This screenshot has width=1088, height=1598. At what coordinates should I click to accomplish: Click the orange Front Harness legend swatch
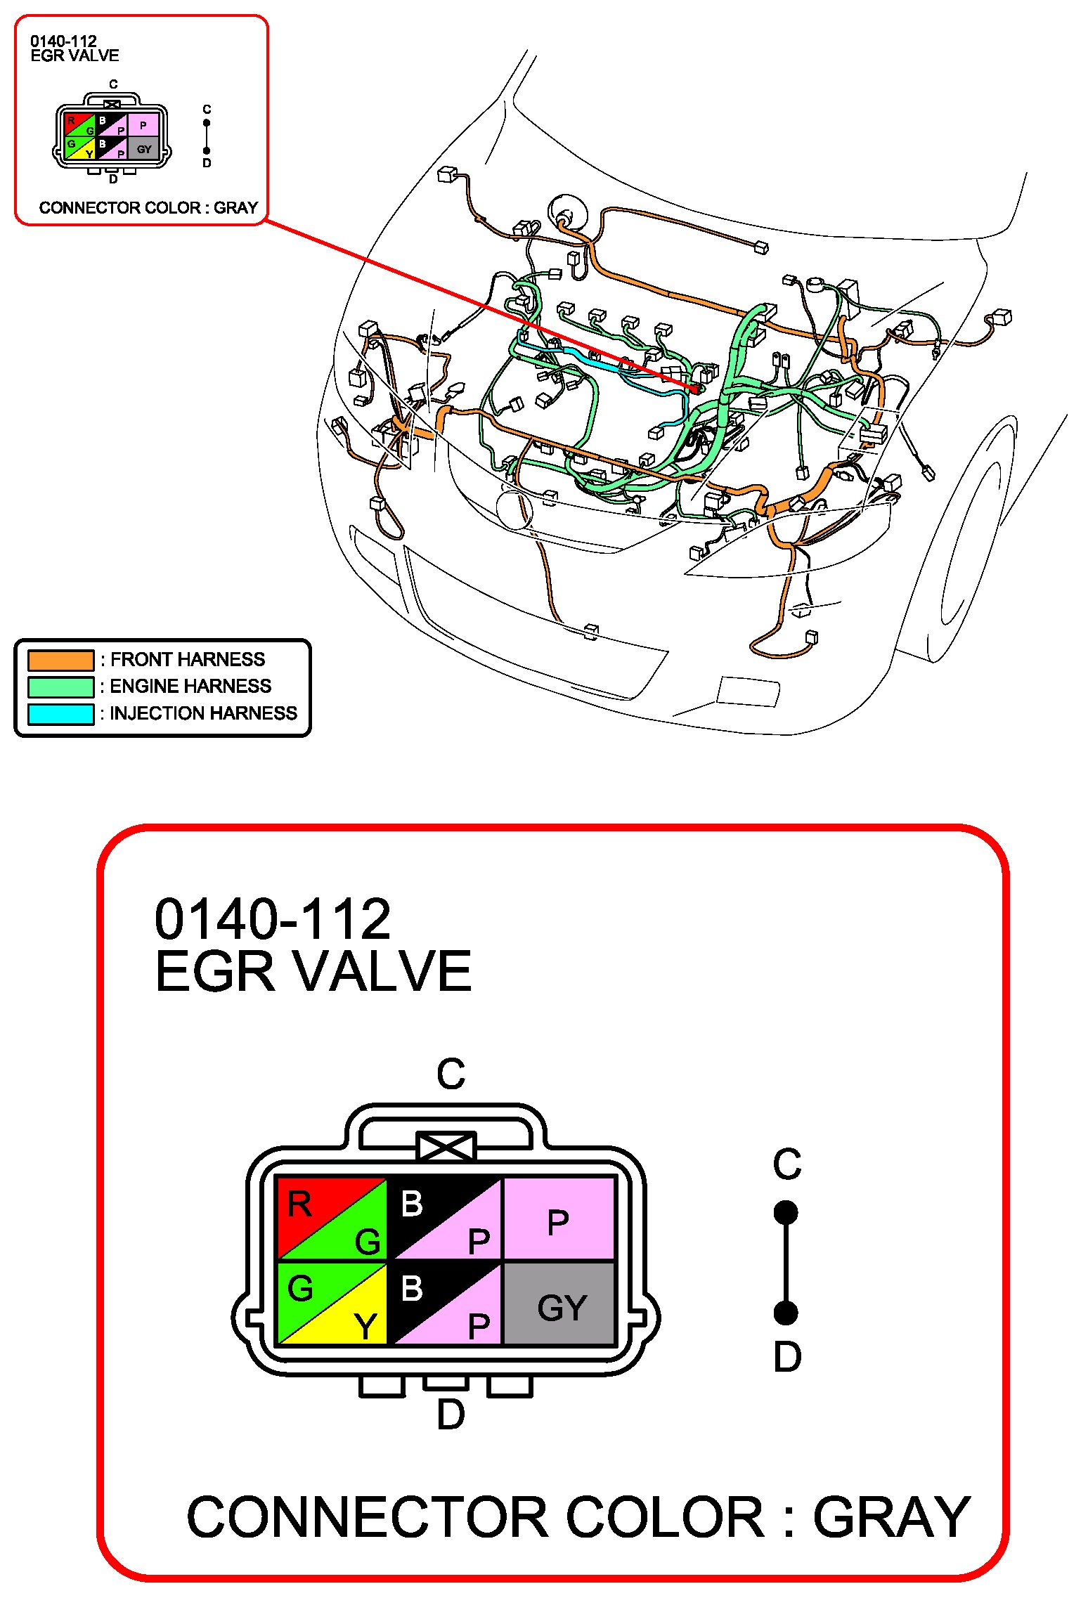60,660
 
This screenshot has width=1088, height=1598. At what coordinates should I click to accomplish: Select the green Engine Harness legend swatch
60,687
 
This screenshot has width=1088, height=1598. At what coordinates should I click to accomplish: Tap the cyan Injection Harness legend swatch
60,713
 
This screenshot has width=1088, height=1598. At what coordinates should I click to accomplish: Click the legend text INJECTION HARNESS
204,713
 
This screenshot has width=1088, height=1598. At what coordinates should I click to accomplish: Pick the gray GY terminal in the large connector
560,1304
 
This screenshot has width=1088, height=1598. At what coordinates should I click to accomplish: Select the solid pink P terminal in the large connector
560,1219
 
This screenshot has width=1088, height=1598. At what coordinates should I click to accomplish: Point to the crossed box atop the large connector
446,1146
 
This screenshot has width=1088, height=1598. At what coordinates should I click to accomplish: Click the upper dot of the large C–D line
786,1212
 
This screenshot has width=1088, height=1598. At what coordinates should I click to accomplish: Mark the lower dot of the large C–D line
786,1313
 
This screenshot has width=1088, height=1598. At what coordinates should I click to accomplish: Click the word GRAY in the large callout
892,1518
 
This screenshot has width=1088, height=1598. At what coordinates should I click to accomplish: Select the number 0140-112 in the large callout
273,919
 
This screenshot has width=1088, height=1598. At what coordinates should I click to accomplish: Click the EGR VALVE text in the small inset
75,56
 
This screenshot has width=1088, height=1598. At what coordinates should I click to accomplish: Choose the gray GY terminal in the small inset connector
143,149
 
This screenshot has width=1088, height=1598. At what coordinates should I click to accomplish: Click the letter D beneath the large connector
451,1415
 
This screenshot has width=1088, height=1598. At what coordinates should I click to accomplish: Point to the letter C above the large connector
451,1073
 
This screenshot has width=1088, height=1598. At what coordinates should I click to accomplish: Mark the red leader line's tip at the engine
697,388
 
